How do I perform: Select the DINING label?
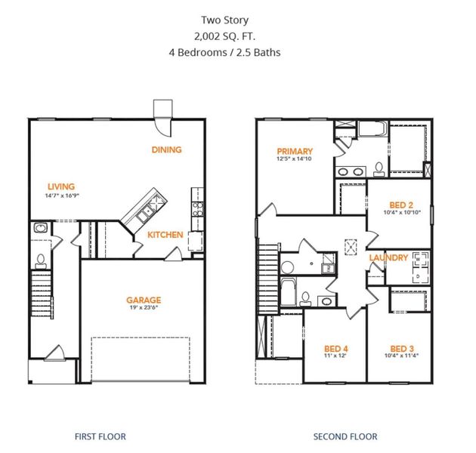pyautogui.click(x=166, y=149)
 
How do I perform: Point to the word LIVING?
pyautogui.click(x=61, y=187)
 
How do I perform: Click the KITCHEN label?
pyautogui.click(x=165, y=235)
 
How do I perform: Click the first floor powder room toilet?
pyautogui.click(x=40, y=260)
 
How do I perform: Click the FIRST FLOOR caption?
pyautogui.click(x=100, y=436)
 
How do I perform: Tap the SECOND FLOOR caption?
pyautogui.click(x=345, y=436)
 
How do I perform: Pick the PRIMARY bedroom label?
pyautogui.click(x=295, y=151)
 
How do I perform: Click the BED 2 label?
pyautogui.click(x=400, y=205)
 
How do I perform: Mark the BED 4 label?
pyautogui.click(x=334, y=348)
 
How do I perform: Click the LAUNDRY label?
pyautogui.click(x=388, y=258)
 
